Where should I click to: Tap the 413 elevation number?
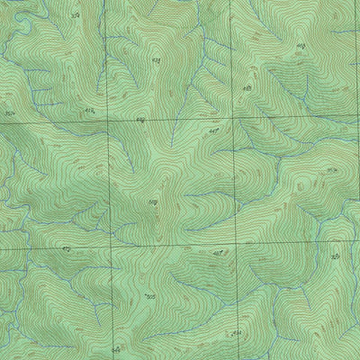point(88,109)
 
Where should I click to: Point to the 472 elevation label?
point(66,247)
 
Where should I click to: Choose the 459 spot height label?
point(140,119)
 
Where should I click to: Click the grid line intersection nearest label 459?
point(108,119)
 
